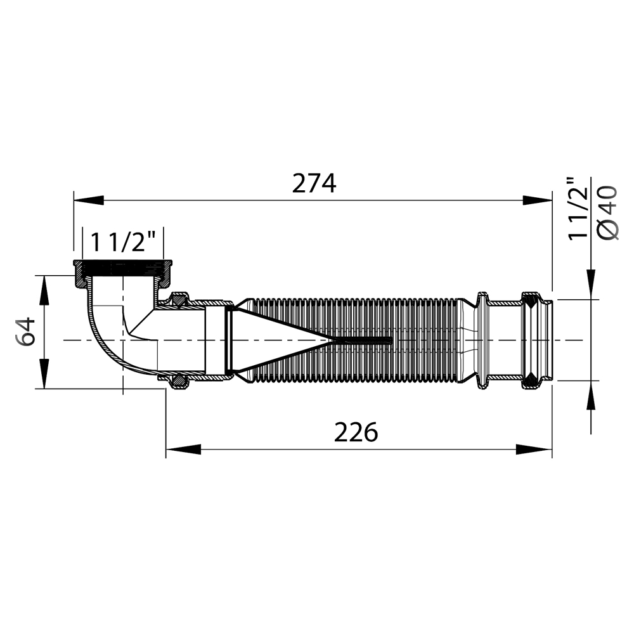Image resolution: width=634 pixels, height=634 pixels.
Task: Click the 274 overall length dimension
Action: [x=314, y=184]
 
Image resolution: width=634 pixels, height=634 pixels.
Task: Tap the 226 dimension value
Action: [x=356, y=432]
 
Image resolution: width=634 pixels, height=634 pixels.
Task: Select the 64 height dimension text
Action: [x=26, y=332]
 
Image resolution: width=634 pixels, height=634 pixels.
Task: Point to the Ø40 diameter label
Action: [x=608, y=213]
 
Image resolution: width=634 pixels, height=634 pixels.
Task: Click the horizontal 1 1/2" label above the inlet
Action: [x=123, y=242]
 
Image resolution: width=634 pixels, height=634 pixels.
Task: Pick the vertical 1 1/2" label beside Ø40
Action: [x=578, y=209]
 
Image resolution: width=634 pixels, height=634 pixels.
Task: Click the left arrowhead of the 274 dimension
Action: [x=89, y=200]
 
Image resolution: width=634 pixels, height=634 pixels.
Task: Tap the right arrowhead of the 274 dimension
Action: [x=537, y=200]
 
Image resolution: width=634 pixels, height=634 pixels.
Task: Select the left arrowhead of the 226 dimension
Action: [x=183, y=449]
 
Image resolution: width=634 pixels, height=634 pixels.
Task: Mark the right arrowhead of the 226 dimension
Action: [x=534, y=449]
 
